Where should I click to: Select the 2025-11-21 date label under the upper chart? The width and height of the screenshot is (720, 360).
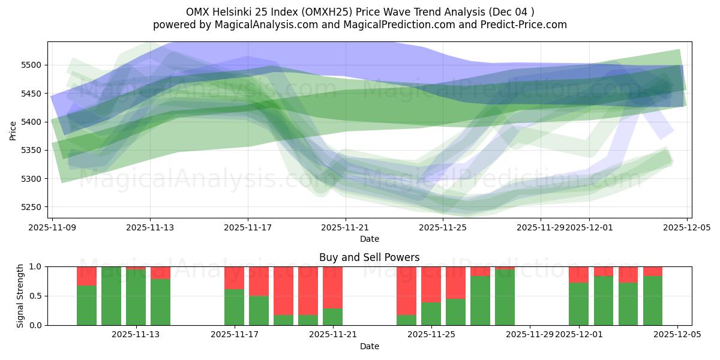[346, 228]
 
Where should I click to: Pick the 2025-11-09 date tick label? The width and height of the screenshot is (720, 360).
[53, 228]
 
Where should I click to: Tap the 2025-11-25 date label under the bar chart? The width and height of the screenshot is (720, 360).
[431, 335]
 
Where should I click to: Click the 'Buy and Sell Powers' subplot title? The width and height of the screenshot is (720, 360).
[369, 257]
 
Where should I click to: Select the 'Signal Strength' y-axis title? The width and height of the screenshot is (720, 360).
[20, 296]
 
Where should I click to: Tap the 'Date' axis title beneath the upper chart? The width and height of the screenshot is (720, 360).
[369, 239]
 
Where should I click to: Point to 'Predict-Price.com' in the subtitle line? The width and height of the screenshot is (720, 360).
[521, 25]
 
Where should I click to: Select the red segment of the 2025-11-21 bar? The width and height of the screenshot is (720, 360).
[332, 287]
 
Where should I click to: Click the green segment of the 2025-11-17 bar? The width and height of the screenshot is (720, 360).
[234, 307]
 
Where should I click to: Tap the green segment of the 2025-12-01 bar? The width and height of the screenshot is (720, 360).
[578, 304]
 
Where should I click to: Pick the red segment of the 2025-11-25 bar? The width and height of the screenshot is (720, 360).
[431, 284]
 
